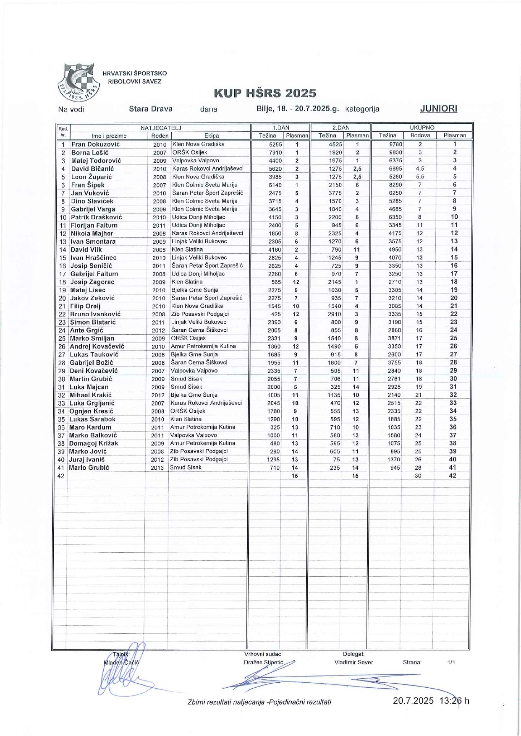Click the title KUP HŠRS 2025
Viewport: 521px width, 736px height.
click(x=265, y=93)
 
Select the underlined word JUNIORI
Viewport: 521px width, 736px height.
click(x=438, y=109)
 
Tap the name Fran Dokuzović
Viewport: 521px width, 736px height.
click(x=95, y=144)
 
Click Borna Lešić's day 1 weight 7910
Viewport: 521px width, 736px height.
click(x=275, y=153)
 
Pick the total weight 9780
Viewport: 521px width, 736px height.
click(x=395, y=144)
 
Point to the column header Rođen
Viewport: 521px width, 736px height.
click(x=160, y=135)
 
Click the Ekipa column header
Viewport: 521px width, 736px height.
click(x=212, y=135)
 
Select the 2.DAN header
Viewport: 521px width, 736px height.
click(x=340, y=127)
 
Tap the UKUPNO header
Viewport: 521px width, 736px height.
click(x=422, y=127)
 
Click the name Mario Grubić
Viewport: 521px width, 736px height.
click(x=89, y=467)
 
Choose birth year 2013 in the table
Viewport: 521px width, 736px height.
click(x=157, y=468)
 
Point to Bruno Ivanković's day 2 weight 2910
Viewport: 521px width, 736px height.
click(x=335, y=314)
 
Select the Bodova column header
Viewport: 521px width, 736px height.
click(x=420, y=135)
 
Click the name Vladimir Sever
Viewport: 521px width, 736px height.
click(x=353, y=662)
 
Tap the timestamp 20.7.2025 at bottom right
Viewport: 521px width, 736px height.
click(x=413, y=700)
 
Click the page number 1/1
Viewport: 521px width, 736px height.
click(x=451, y=662)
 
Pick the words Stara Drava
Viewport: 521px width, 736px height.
click(x=151, y=109)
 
